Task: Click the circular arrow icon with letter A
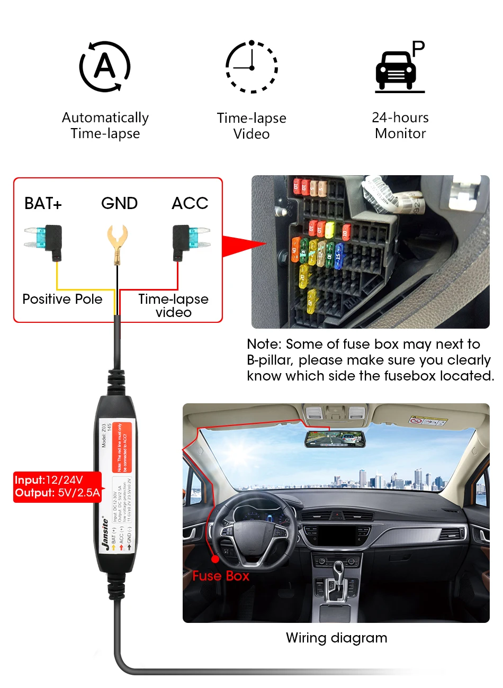click(105, 67)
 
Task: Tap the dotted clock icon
click(251, 67)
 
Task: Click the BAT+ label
click(43, 203)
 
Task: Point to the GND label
click(120, 203)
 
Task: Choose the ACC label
click(190, 203)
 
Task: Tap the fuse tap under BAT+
click(44, 241)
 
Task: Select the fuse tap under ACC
click(190, 241)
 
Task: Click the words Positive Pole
click(62, 299)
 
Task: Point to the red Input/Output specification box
click(57, 486)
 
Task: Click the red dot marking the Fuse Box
click(215, 558)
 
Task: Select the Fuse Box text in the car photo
click(221, 576)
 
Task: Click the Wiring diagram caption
click(336, 638)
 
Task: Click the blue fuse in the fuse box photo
click(338, 254)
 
